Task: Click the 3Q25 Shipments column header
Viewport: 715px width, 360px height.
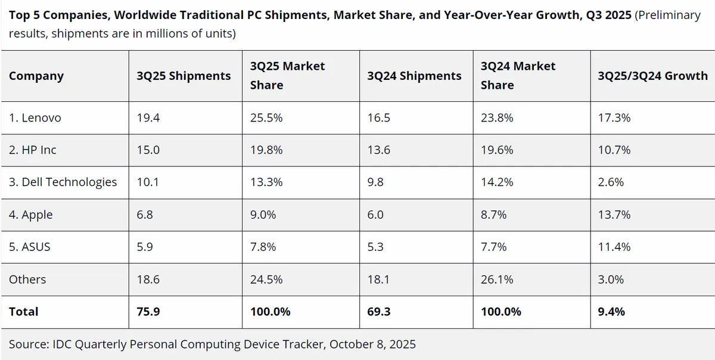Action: [x=184, y=76]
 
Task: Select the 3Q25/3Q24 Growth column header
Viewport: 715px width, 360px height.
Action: [x=652, y=76]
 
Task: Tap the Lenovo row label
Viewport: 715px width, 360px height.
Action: [x=35, y=118]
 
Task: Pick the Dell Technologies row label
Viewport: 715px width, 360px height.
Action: [x=63, y=182]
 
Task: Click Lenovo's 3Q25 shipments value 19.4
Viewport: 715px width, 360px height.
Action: [x=148, y=118]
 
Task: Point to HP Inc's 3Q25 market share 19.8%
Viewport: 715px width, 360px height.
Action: [x=266, y=150]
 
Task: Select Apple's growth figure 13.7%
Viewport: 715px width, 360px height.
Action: [x=614, y=215]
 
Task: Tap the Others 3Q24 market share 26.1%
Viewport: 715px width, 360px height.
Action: [x=497, y=279]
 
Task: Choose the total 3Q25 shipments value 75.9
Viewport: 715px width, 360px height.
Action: [x=148, y=312]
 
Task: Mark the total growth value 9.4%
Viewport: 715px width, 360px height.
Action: [x=611, y=312]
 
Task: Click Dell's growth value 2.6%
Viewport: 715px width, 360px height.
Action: [x=611, y=182]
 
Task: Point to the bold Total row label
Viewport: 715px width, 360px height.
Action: [x=24, y=312]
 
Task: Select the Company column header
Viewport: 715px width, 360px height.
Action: [x=36, y=76]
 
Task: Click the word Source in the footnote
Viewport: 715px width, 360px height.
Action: [x=29, y=344]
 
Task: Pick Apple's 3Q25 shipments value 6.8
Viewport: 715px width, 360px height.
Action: [x=145, y=215]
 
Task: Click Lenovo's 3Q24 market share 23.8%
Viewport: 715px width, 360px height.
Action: [x=497, y=118]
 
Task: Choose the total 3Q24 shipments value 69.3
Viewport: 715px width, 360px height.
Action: [x=379, y=312]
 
